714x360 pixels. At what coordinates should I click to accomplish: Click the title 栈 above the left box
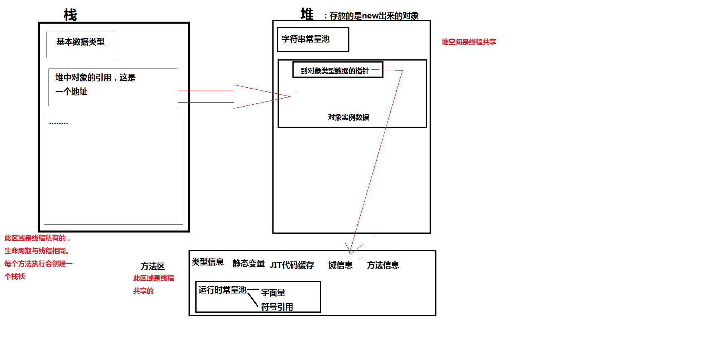coord(70,15)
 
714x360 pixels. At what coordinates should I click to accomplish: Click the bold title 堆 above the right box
coord(307,14)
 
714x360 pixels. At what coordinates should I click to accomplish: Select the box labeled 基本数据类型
coord(81,44)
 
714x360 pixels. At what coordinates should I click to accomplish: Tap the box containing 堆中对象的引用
coord(113,87)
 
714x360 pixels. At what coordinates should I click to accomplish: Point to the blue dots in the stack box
coord(59,123)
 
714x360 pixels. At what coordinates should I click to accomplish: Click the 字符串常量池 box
coord(313,39)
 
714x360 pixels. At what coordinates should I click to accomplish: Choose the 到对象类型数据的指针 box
coord(337,70)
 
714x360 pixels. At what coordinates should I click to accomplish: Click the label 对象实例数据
coord(348,117)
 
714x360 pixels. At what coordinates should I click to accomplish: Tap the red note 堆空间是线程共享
coord(469,42)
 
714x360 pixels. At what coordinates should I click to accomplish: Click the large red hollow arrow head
coord(261,97)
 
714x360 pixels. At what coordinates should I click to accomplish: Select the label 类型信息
coord(207,262)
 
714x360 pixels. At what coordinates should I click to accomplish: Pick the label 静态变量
coord(248,263)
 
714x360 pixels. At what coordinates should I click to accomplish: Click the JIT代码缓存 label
coord(292,265)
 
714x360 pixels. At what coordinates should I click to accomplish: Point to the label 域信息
coord(340,265)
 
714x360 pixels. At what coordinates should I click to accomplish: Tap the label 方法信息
coord(383,265)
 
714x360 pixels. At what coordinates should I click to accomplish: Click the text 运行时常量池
coord(222,290)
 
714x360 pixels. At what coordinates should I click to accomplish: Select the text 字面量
coord(273,293)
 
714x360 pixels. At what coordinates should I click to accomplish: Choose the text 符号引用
coord(277,307)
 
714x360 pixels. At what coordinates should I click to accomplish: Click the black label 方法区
coord(152,266)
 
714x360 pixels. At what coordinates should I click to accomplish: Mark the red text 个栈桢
coord(15,276)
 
